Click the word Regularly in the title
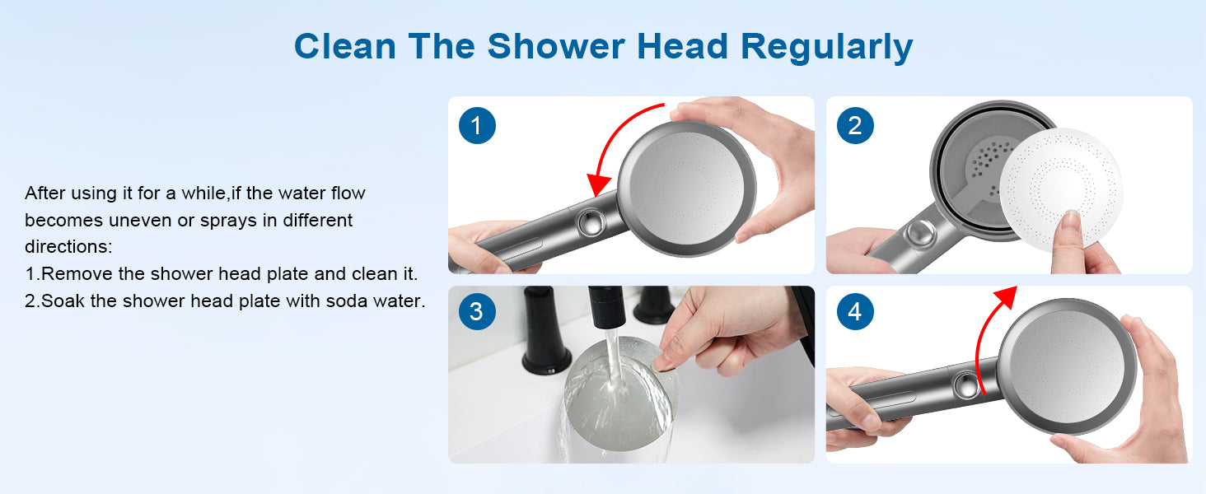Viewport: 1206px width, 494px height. [x=827, y=48]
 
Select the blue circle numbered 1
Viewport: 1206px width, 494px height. [x=477, y=125]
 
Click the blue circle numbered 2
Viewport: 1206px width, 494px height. [x=855, y=125]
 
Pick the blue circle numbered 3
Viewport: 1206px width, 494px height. [x=477, y=311]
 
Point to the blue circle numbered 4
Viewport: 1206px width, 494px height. [x=855, y=311]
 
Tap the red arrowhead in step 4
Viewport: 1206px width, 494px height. [x=1005, y=296]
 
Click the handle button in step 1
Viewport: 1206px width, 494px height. [x=590, y=221]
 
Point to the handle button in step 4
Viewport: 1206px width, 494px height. [x=966, y=385]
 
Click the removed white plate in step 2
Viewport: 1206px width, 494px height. [x=1061, y=189]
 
